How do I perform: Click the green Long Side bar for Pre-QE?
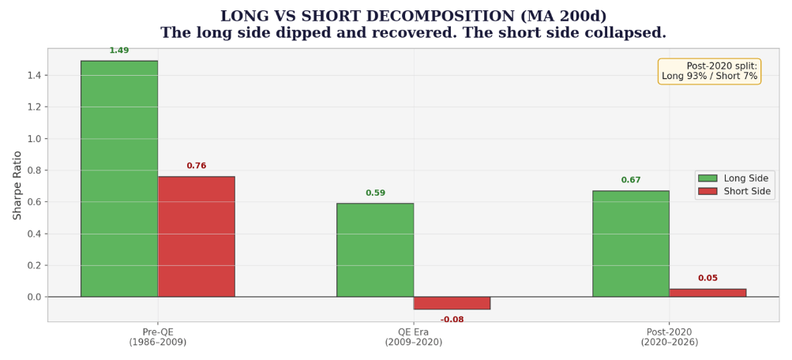click(x=119, y=178)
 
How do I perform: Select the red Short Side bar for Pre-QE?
click(x=196, y=236)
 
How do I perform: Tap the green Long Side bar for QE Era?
click(x=375, y=250)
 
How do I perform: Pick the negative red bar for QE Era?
click(x=452, y=303)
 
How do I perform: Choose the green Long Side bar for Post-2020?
click(x=631, y=243)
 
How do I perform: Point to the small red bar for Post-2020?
click(x=708, y=293)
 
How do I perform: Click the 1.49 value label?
click(x=119, y=51)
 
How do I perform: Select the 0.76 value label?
click(x=197, y=166)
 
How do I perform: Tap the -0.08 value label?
click(x=452, y=319)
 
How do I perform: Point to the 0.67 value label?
click(x=631, y=180)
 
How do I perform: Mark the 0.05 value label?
click(x=708, y=278)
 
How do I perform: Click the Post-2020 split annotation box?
click(x=709, y=71)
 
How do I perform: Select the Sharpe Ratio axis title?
click(x=17, y=185)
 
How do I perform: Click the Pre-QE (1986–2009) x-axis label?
click(x=158, y=337)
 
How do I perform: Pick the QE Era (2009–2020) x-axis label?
click(x=414, y=337)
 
